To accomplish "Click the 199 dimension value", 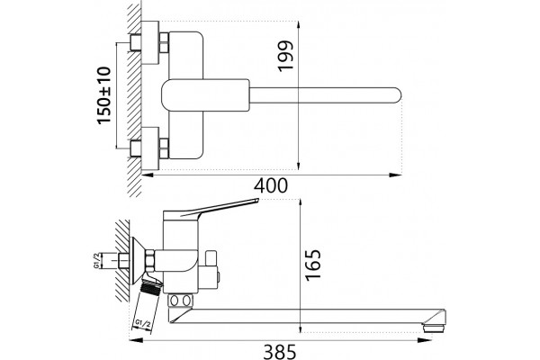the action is tap(285, 56).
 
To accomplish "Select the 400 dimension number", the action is tap(270, 185).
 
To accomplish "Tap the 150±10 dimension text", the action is tap(104, 95).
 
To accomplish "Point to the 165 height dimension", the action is tap(313, 265).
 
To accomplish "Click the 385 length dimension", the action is tap(280, 352).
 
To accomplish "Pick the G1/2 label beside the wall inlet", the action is tap(97, 260).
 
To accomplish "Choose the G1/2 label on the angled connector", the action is tap(142, 323).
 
